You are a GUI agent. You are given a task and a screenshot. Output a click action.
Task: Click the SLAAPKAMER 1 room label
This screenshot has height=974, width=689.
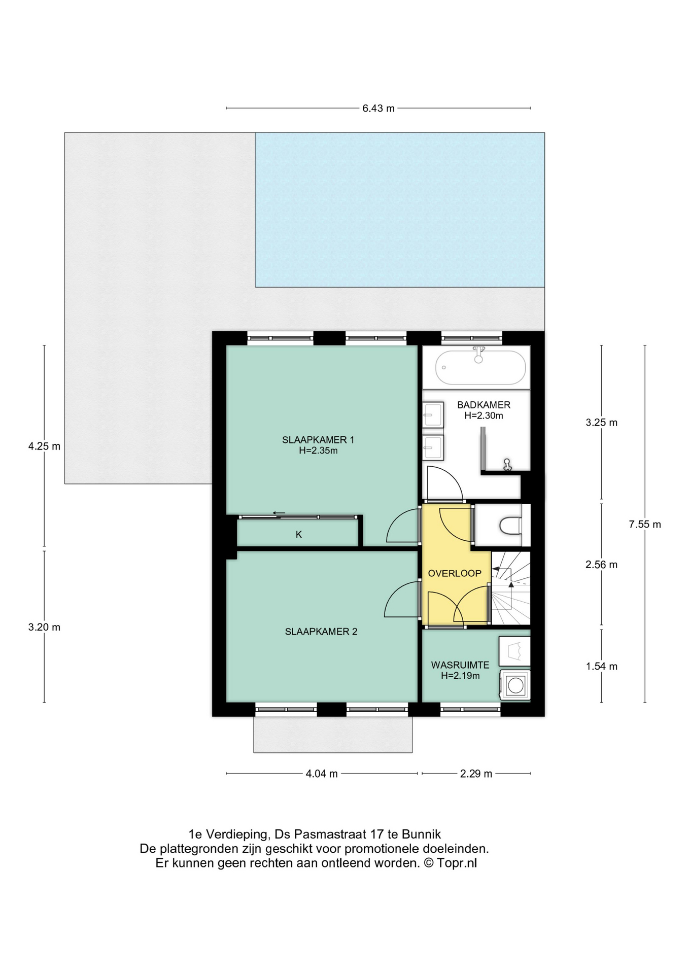click(x=318, y=440)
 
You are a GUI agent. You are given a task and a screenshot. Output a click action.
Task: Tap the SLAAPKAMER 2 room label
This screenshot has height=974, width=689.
click(x=321, y=632)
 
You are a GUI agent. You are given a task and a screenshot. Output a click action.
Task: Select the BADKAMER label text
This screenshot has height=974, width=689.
click(x=484, y=405)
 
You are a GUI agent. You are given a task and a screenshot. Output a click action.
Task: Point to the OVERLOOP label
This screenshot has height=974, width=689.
click(x=455, y=573)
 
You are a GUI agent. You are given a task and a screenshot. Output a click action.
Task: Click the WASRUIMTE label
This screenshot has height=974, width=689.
click(x=460, y=665)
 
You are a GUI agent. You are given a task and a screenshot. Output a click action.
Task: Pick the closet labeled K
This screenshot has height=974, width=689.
click(x=298, y=534)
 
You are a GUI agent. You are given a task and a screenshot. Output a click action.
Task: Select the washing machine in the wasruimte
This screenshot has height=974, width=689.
click(x=515, y=685)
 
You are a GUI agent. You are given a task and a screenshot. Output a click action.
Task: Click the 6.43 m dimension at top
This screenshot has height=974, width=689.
click(x=378, y=108)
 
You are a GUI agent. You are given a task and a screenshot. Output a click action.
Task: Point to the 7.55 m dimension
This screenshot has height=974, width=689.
click(x=645, y=525)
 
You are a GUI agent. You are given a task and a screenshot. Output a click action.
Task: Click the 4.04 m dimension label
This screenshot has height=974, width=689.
click(x=322, y=774)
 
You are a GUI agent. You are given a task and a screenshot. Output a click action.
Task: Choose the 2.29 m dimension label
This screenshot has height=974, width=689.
click(x=476, y=774)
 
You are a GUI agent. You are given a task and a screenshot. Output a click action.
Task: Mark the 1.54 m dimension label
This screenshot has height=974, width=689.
click(x=602, y=667)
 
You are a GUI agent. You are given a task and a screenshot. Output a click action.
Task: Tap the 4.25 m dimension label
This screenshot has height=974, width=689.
click(x=44, y=446)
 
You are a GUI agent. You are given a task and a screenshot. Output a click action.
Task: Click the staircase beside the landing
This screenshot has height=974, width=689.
click(x=510, y=588)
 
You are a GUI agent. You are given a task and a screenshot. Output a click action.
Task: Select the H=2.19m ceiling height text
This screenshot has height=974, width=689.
click(x=460, y=676)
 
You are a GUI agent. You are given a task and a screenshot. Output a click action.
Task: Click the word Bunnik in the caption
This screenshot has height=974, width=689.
click(x=421, y=834)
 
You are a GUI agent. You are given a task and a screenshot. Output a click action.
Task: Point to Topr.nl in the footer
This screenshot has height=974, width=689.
click(x=457, y=863)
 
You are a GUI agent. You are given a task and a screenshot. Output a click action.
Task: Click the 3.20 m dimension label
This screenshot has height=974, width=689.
click(x=44, y=627)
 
